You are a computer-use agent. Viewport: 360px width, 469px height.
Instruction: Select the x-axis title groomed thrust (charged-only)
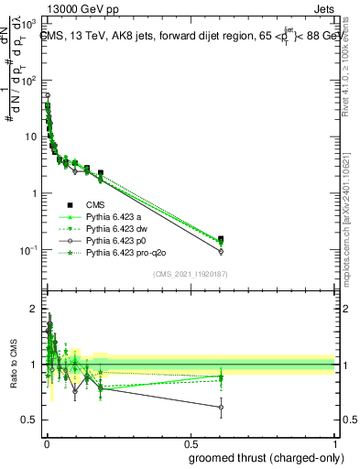tap(272, 456)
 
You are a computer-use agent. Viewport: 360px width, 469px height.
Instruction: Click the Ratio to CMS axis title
tap(16, 364)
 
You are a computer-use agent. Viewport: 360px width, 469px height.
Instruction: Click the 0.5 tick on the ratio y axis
tap(29, 420)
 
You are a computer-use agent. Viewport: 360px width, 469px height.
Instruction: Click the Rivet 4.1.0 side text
tap(352, 82)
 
